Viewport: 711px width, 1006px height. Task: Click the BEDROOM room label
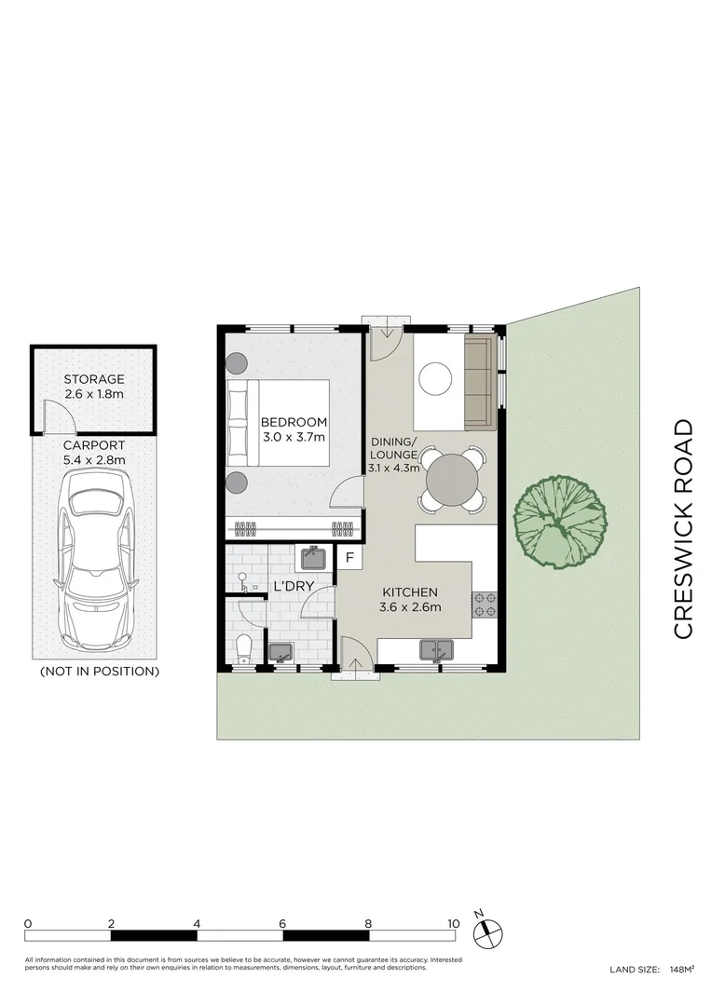pyautogui.click(x=294, y=422)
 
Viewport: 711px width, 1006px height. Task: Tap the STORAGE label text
pyautogui.click(x=94, y=379)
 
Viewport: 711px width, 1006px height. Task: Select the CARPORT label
pyautogui.click(x=94, y=445)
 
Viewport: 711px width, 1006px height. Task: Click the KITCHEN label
pyautogui.click(x=410, y=592)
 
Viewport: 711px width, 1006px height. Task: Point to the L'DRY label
pyautogui.click(x=294, y=585)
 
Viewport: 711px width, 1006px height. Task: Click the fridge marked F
pyautogui.click(x=349, y=558)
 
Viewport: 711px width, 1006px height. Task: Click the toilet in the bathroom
pyautogui.click(x=244, y=649)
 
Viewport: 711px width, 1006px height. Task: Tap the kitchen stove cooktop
pyautogui.click(x=485, y=605)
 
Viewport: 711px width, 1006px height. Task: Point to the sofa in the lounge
pyautogui.click(x=480, y=384)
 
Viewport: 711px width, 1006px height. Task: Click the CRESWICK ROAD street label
pyautogui.click(x=683, y=529)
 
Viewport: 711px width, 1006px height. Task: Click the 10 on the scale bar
pyautogui.click(x=454, y=924)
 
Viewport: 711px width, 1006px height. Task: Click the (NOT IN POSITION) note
pyautogui.click(x=100, y=672)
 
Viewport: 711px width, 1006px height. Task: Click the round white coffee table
pyautogui.click(x=435, y=378)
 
